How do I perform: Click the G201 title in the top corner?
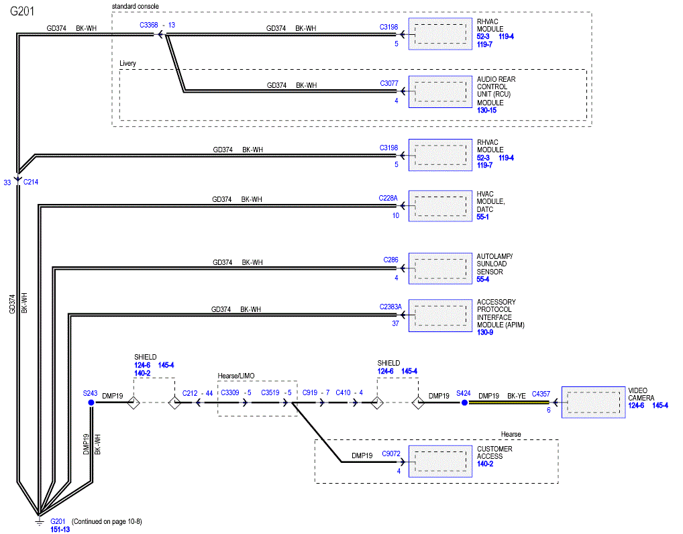click(21, 11)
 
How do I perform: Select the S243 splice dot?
click(91, 403)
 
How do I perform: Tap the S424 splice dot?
click(465, 403)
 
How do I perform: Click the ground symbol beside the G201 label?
click(39, 521)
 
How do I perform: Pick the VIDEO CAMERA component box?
click(593, 403)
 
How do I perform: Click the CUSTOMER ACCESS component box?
click(440, 462)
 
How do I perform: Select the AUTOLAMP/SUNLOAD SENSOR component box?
click(440, 268)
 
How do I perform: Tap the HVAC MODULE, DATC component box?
click(440, 206)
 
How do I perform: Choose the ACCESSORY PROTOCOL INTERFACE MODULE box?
click(440, 315)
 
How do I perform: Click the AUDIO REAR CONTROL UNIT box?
click(440, 92)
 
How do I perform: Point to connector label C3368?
click(148, 25)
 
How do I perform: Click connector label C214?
click(30, 182)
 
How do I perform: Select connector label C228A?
click(388, 198)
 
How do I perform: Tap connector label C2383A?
click(390, 307)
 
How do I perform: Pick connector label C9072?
click(391, 453)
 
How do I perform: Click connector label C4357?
click(541, 394)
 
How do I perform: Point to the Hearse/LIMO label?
click(236, 376)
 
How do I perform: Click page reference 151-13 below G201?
click(60, 530)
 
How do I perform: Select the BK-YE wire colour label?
click(517, 396)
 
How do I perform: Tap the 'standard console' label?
click(136, 7)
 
